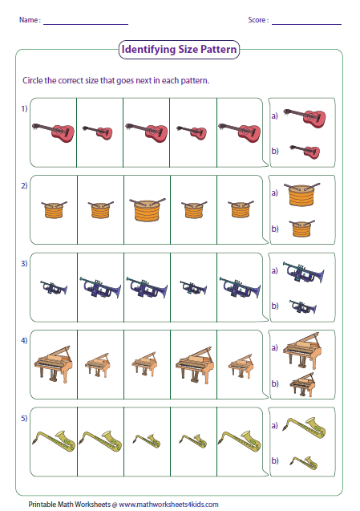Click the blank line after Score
[x=306, y=20]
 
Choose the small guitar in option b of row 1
[x=305, y=149]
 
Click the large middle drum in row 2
[x=147, y=210]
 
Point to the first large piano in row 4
[x=53, y=365]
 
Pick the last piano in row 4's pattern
[x=240, y=367]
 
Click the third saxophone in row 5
[x=147, y=440]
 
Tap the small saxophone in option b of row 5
[x=303, y=461]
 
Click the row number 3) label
[x=24, y=263]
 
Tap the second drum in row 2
[x=100, y=211]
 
